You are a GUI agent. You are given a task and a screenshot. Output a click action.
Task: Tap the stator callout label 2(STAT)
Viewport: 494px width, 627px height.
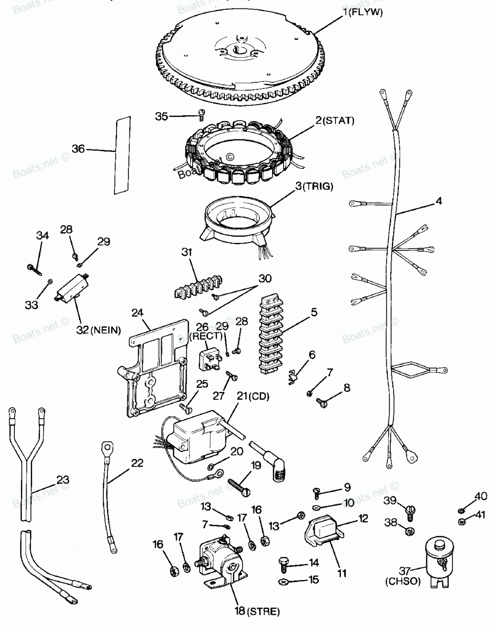click(x=335, y=120)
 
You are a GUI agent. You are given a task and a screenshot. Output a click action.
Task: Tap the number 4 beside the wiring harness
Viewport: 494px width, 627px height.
click(x=438, y=201)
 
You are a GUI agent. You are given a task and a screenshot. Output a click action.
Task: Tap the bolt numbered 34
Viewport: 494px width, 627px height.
click(x=33, y=268)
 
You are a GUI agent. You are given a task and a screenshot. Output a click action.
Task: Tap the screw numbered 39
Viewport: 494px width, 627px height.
click(x=409, y=509)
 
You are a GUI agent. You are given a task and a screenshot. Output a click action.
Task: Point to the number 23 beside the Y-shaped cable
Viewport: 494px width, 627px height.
click(x=63, y=479)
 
